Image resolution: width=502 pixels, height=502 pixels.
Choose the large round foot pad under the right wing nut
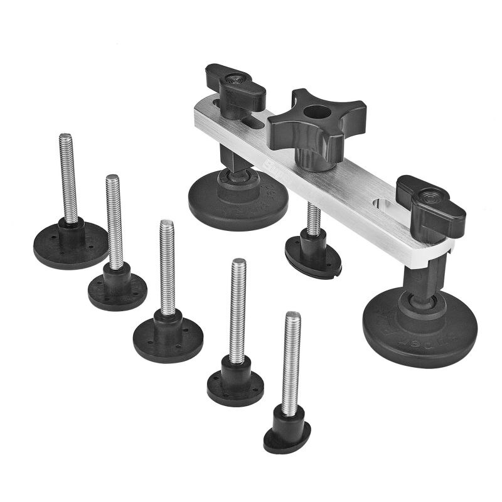click(420, 329)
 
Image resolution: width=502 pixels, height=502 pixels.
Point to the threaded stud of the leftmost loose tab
click(68, 176)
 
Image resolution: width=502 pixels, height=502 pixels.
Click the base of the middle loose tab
click(168, 339)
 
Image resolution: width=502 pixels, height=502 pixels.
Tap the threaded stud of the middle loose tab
click(167, 267)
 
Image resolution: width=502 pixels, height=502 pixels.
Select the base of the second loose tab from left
click(117, 292)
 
